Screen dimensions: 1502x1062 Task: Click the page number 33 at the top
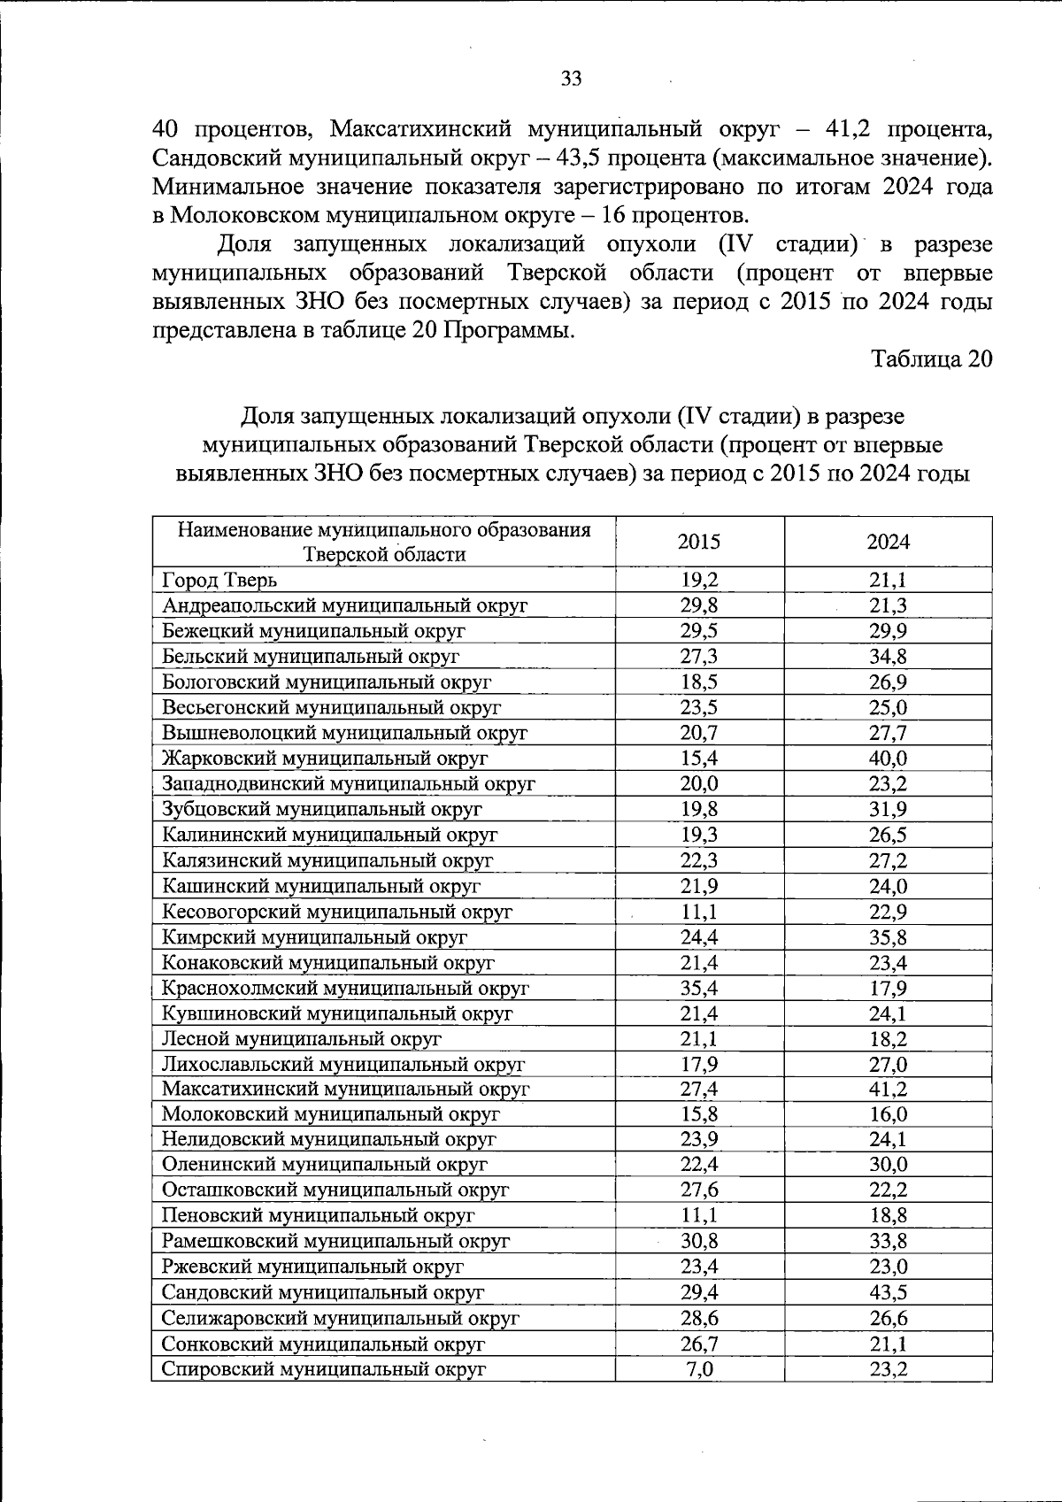tap(572, 79)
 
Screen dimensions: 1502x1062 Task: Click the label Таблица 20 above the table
tap(931, 359)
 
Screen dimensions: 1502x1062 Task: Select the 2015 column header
tap(699, 542)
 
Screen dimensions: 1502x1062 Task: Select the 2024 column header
tap(888, 542)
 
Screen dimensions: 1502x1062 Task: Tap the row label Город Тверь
tap(219, 581)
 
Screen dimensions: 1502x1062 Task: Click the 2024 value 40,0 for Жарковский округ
tap(888, 759)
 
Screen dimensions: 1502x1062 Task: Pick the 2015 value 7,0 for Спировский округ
tap(699, 1369)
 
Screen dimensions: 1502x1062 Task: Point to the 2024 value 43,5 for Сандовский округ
tap(888, 1292)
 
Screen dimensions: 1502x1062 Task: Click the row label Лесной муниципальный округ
tap(301, 1039)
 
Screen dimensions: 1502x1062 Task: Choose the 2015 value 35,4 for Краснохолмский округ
tap(699, 988)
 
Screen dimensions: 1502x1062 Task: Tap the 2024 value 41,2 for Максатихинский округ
tap(888, 1090)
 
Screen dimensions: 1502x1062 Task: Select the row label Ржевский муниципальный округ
tap(312, 1267)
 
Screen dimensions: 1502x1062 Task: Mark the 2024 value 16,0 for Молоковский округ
tap(888, 1115)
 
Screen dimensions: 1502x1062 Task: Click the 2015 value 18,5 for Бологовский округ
tap(699, 682)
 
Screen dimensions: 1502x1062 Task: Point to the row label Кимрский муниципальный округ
tap(314, 937)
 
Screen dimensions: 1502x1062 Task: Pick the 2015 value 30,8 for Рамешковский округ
tap(699, 1242)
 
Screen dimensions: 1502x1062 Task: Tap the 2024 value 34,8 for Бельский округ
tap(888, 657)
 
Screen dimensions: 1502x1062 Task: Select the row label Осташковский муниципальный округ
tap(335, 1190)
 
